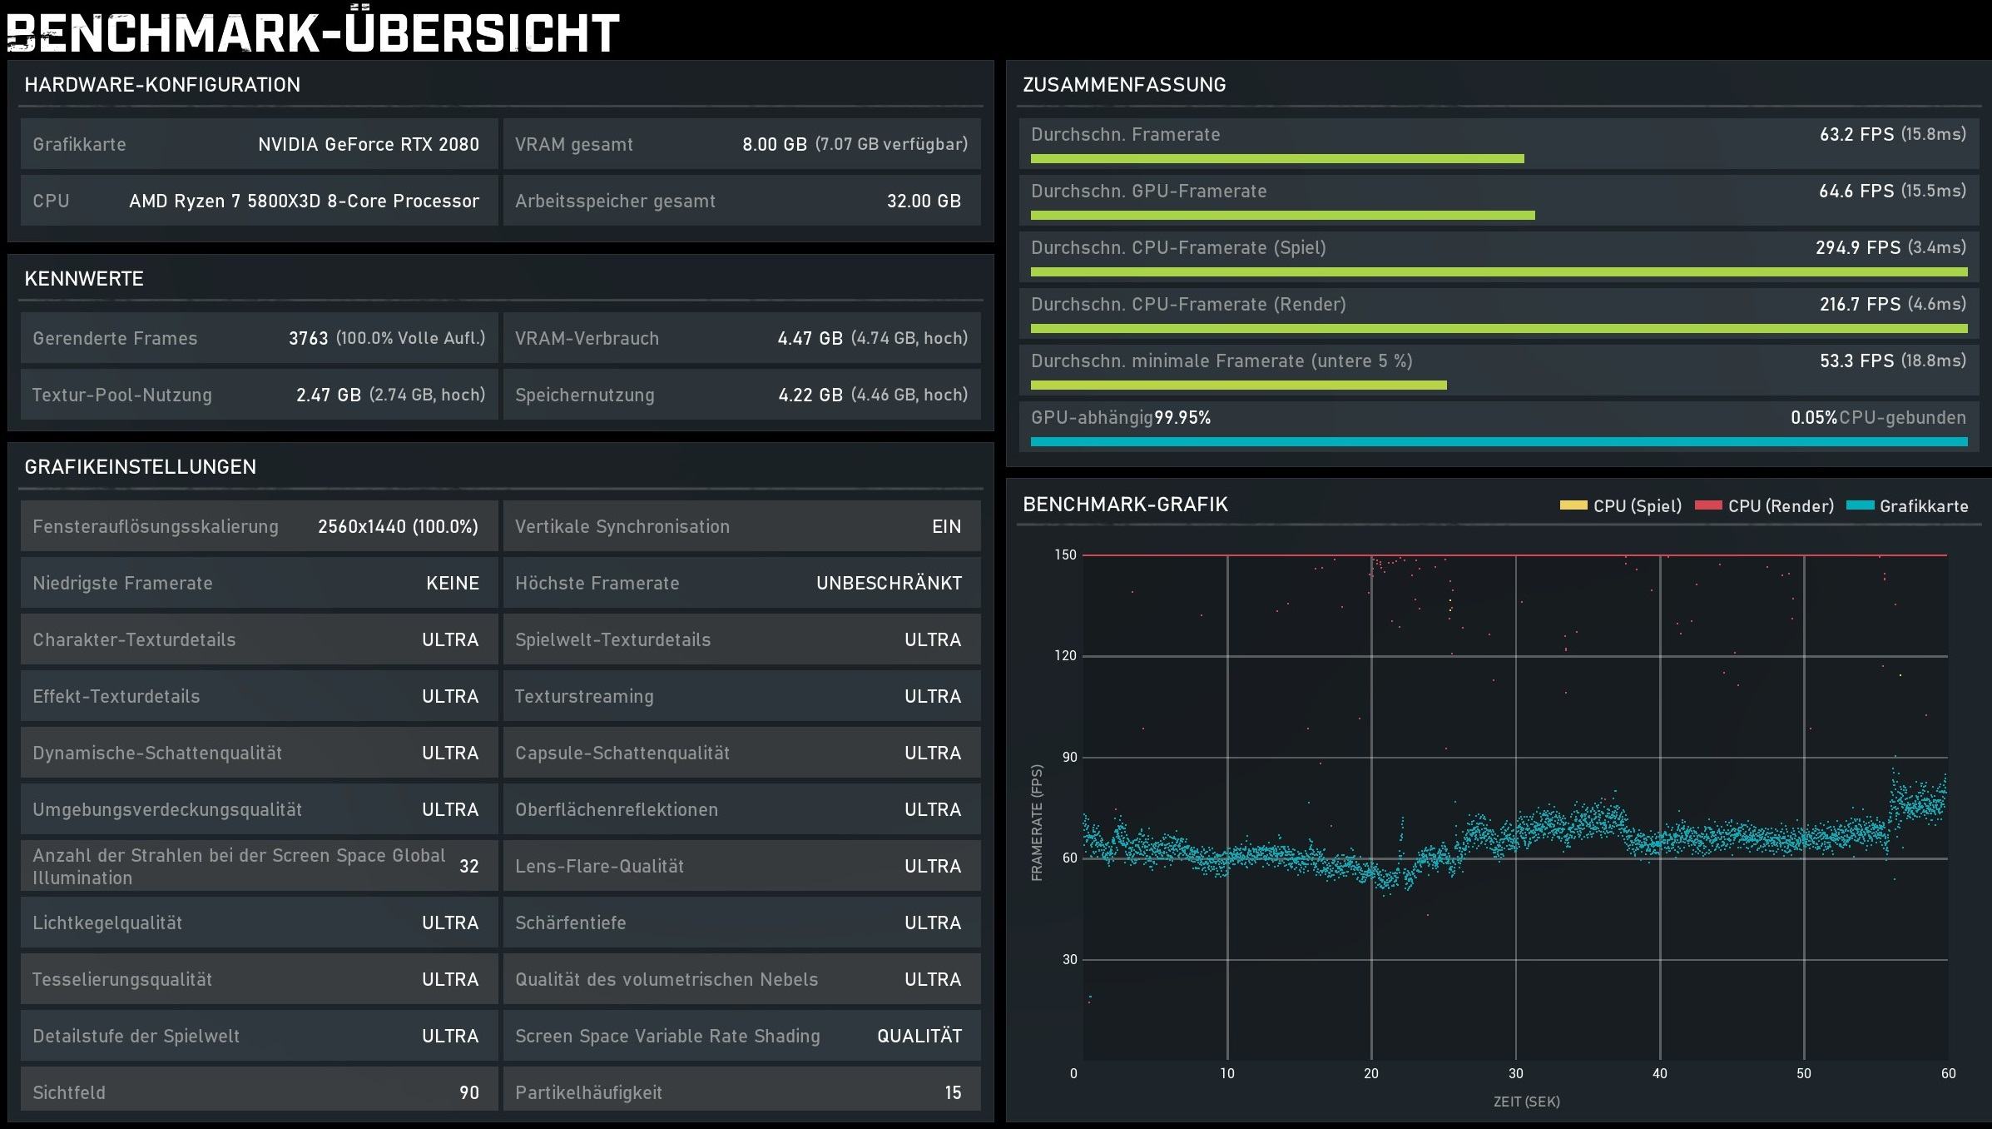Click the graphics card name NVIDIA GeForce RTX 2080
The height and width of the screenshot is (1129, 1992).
click(369, 144)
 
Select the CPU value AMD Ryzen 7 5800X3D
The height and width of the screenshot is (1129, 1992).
click(304, 201)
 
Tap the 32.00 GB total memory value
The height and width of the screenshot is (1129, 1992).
click(924, 201)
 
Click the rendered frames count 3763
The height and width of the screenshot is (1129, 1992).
click(308, 338)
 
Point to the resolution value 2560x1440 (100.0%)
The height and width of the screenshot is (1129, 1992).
click(398, 526)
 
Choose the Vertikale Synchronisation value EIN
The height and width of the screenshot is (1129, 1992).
click(946, 526)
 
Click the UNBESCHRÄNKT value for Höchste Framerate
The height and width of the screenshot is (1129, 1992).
click(889, 583)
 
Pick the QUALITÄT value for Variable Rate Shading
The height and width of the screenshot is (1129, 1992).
click(919, 1036)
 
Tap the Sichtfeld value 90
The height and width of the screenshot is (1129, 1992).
click(469, 1092)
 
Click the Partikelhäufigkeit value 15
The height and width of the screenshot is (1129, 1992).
click(953, 1092)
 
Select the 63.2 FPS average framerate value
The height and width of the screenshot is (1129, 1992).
click(1856, 134)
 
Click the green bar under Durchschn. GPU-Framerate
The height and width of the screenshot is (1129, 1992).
click(1282, 216)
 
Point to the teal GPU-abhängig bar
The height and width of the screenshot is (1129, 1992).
click(1499, 441)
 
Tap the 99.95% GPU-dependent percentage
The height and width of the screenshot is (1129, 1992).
click(1182, 417)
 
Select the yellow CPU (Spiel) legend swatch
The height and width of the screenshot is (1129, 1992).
click(1573, 505)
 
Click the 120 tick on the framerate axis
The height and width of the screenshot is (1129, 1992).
click(1065, 655)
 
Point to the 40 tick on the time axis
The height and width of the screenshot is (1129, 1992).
click(1659, 1073)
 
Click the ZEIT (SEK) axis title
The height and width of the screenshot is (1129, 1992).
click(1526, 1102)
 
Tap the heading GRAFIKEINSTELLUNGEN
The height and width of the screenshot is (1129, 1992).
click(140, 466)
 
